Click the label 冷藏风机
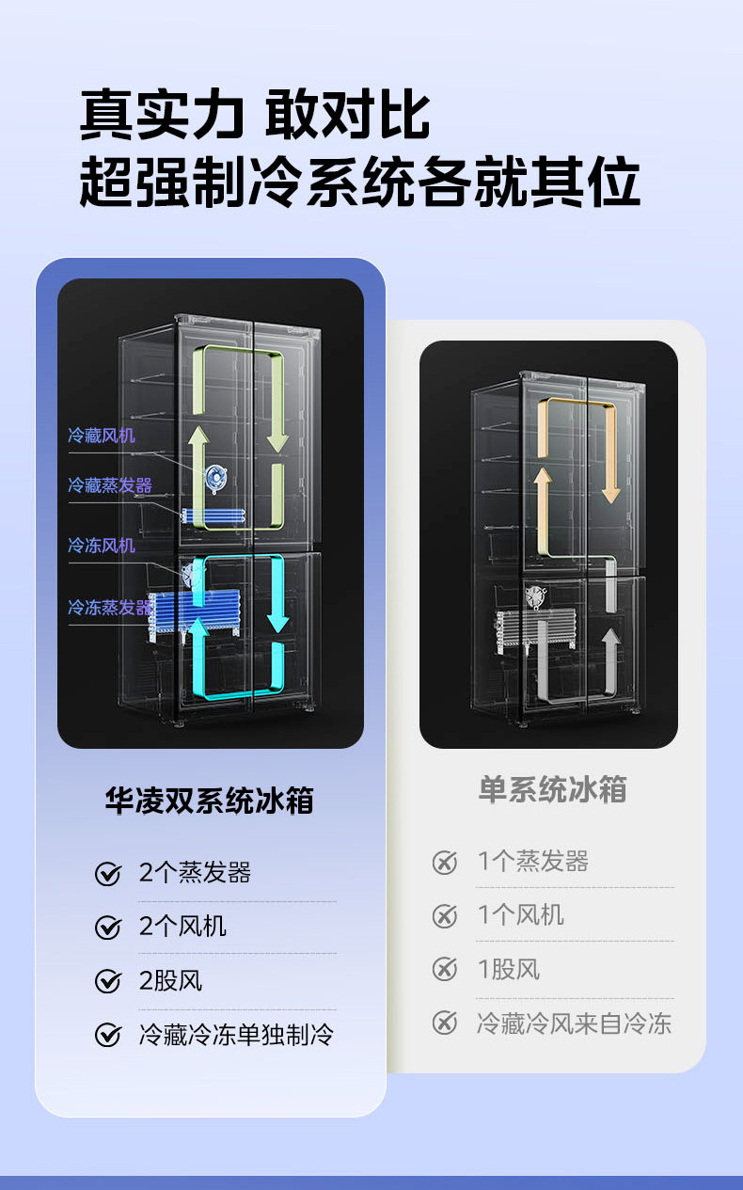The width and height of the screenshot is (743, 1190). [x=102, y=436]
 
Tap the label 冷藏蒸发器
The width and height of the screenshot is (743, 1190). [x=109, y=485]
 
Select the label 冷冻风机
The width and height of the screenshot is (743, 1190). [x=102, y=546]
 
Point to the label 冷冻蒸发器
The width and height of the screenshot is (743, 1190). [x=109, y=608]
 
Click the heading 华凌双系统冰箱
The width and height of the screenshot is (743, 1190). [x=209, y=801]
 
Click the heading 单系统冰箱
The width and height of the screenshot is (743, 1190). [x=552, y=789]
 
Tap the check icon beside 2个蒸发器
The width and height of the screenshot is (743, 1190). [x=108, y=874]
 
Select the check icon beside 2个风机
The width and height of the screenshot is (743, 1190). [x=108, y=928]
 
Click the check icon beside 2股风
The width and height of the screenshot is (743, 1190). [x=108, y=982]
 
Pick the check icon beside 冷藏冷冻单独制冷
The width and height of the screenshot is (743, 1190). [x=108, y=1037]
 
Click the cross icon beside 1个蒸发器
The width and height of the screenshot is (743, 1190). [x=444, y=862]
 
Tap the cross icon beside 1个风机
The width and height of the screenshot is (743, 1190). [x=444, y=915]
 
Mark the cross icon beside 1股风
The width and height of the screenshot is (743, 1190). [x=444, y=969]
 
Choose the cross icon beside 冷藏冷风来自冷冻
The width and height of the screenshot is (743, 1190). [x=444, y=1023]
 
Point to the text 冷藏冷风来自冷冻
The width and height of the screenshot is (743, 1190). [x=574, y=1023]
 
